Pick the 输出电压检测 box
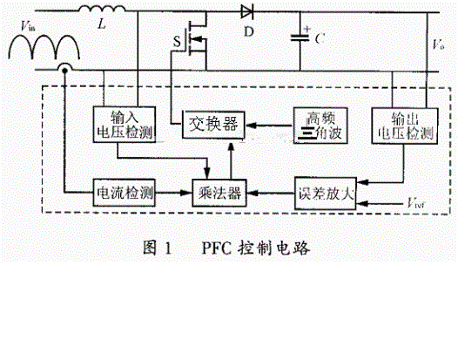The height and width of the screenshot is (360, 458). click(400, 126)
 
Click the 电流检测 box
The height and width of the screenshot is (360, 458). click(124, 191)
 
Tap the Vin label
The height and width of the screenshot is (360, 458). click(26, 31)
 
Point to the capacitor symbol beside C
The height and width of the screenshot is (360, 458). click(303, 37)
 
